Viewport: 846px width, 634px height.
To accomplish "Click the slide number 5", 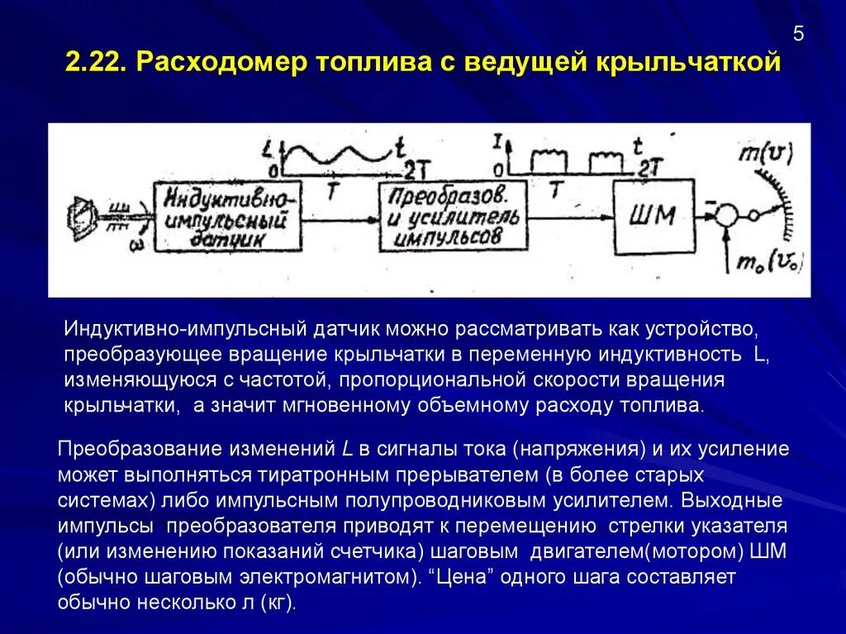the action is point(797,34).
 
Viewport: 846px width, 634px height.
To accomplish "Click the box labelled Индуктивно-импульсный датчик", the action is point(225,217).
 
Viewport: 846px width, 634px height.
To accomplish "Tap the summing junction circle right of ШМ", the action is point(725,217).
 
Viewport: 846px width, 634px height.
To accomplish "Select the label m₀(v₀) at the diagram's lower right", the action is point(770,263).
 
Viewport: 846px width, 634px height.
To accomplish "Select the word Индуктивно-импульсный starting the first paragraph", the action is point(186,328).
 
